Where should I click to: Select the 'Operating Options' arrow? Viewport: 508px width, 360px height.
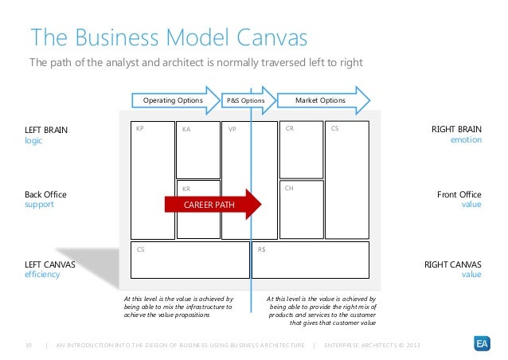[174, 101]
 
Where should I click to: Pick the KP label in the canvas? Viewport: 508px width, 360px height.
[140, 127]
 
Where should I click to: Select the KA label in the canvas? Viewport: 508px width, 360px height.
[186, 128]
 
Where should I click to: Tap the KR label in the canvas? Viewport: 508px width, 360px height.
[186, 190]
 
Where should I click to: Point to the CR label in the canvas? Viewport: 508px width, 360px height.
[289, 127]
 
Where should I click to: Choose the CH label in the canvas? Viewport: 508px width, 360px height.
[289, 189]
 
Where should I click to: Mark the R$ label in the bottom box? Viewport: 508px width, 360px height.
[262, 248]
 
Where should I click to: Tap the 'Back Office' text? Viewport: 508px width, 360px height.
[45, 194]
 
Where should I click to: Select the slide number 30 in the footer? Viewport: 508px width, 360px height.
[29, 344]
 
